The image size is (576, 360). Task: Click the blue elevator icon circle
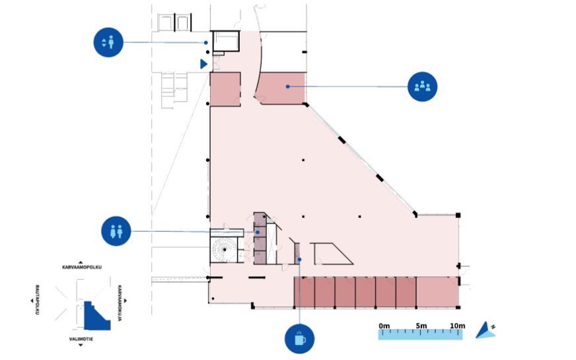tap(108, 42)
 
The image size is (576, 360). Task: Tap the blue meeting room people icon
tap(422, 87)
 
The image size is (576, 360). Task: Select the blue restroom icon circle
tap(116, 232)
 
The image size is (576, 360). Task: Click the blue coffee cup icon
tap(299, 339)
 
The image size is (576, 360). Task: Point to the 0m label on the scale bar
tap(384, 326)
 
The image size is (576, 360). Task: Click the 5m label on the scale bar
tap(421, 326)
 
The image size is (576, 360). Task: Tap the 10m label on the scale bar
tap(458, 326)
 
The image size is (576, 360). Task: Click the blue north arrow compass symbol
tap(487, 330)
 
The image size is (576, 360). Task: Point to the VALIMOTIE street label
tap(81, 338)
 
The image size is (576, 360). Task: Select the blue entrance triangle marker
tap(204, 63)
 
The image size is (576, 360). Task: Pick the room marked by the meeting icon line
tap(280, 89)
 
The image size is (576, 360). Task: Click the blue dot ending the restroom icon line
tap(257, 232)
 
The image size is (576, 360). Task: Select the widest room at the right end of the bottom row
tap(437, 293)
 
